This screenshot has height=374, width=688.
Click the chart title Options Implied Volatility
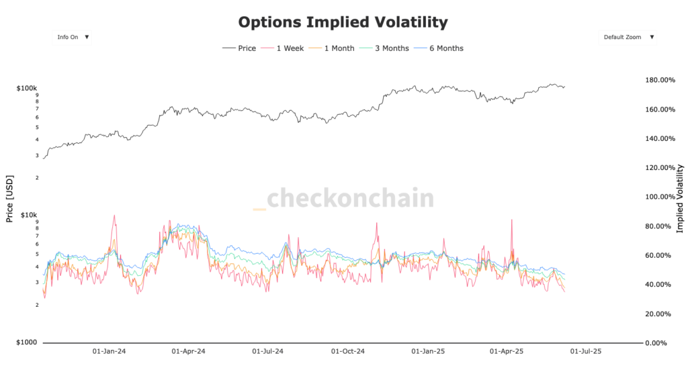[x=343, y=22]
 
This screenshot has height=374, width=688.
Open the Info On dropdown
[x=73, y=38]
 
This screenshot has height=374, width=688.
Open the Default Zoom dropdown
[x=628, y=38]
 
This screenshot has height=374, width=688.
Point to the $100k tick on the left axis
[x=27, y=88]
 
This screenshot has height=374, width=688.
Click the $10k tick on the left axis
[x=29, y=215]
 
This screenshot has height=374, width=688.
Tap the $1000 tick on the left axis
[x=28, y=342]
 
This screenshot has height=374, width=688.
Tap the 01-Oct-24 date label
[x=348, y=351]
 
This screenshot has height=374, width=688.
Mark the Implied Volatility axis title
[x=680, y=199]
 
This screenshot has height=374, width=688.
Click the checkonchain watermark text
[x=350, y=199]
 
